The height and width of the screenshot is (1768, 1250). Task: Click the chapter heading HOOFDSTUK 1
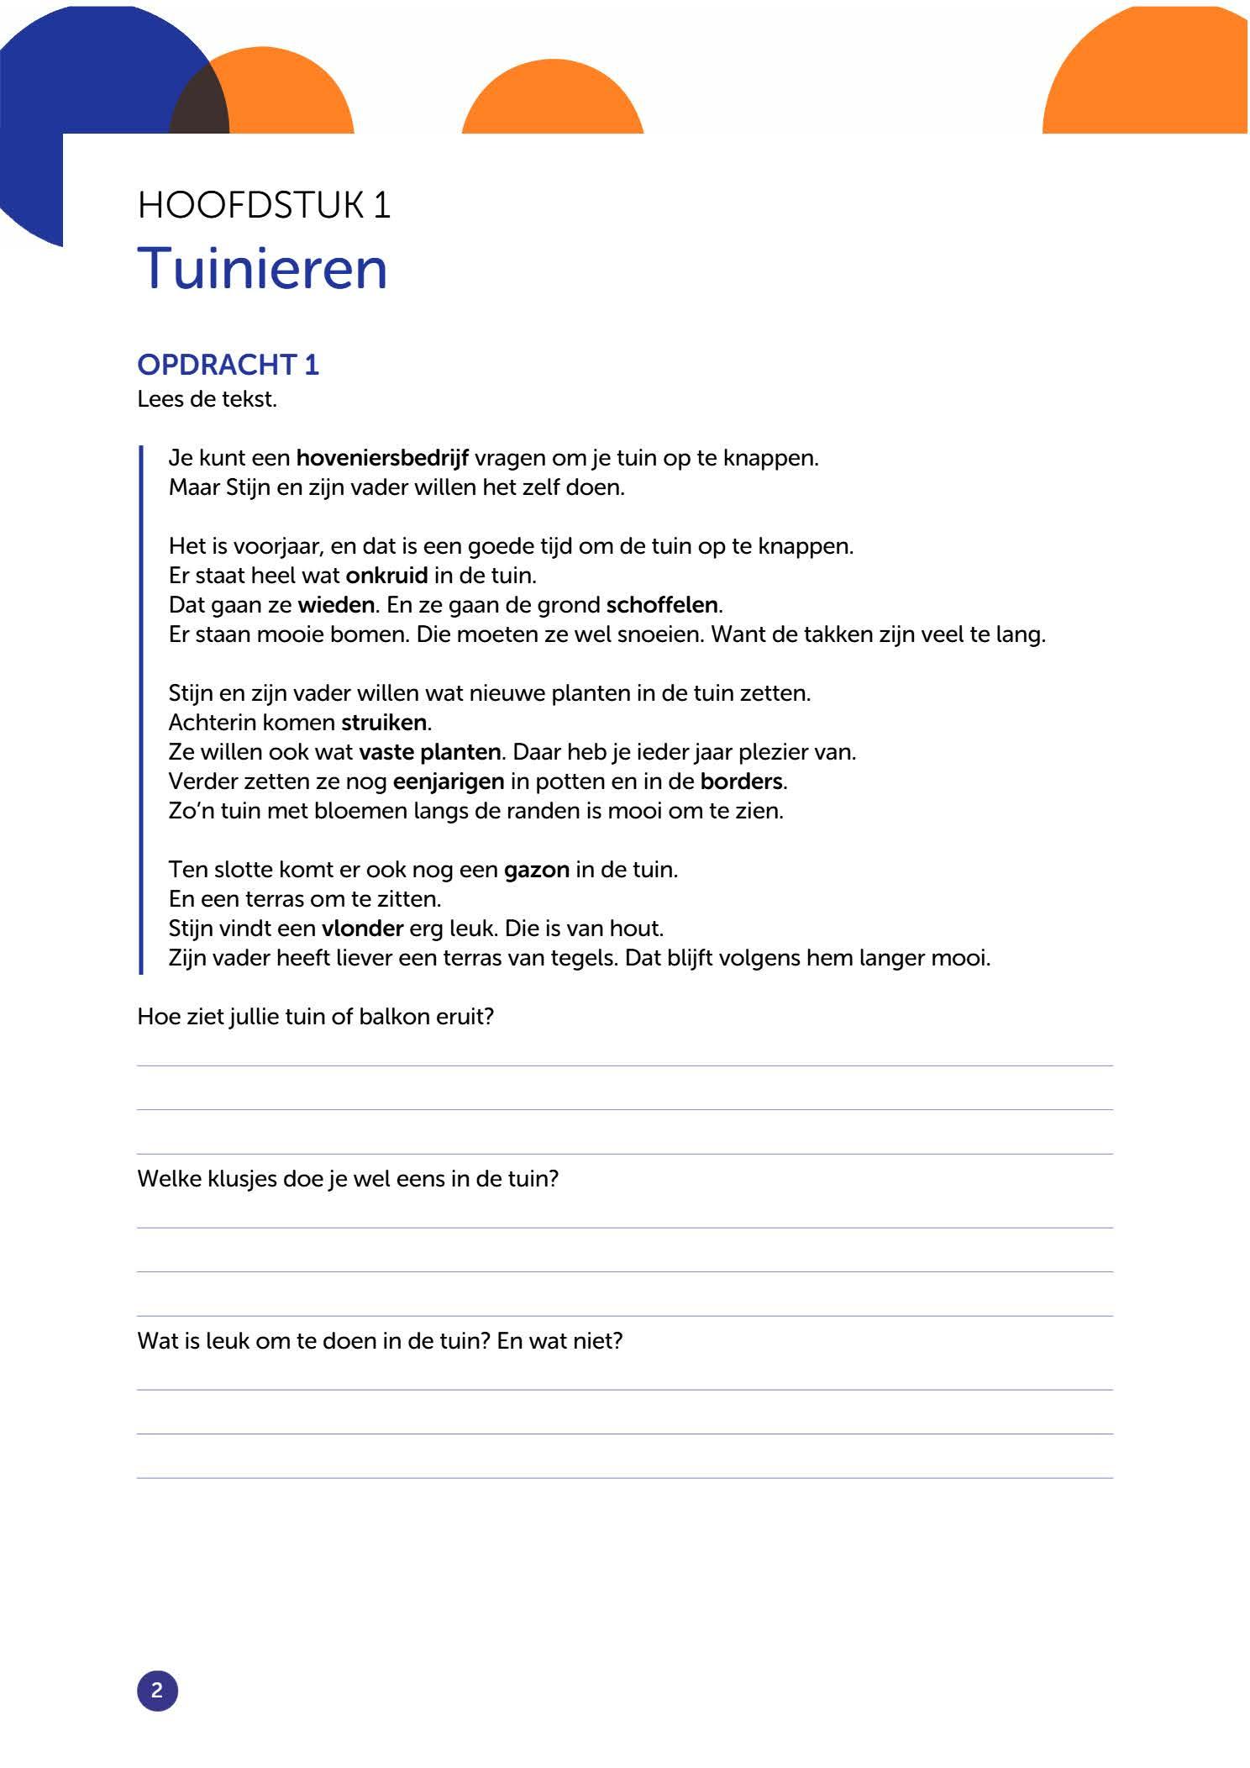(x=264, y=205)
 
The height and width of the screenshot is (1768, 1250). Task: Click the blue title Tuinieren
(x=262, y=269)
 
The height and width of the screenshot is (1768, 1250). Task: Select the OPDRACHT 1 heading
(x=228, y=365)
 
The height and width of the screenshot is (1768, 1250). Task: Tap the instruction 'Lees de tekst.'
(x=207, y=399)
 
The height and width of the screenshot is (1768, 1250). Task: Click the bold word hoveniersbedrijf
(x=382, y=458)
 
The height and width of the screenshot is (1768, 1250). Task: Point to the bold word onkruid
(x=386, y=576)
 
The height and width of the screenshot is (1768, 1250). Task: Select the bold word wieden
(x=336, y=605)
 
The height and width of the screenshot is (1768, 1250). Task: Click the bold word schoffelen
(x=662, y=605)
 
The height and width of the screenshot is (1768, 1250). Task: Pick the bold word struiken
(x=384, y=723)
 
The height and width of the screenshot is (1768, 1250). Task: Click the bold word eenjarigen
(x=449, y=781)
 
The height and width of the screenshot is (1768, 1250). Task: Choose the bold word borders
(x=741, y=781)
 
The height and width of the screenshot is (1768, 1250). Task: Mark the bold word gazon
(x=537, y=870)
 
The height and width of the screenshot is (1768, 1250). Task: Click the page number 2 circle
(x=157, y=1690)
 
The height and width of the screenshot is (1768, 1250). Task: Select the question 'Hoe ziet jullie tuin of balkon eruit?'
(x=315, y=1017)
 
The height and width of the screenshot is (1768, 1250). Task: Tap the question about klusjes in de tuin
(x=348, y=1179)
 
